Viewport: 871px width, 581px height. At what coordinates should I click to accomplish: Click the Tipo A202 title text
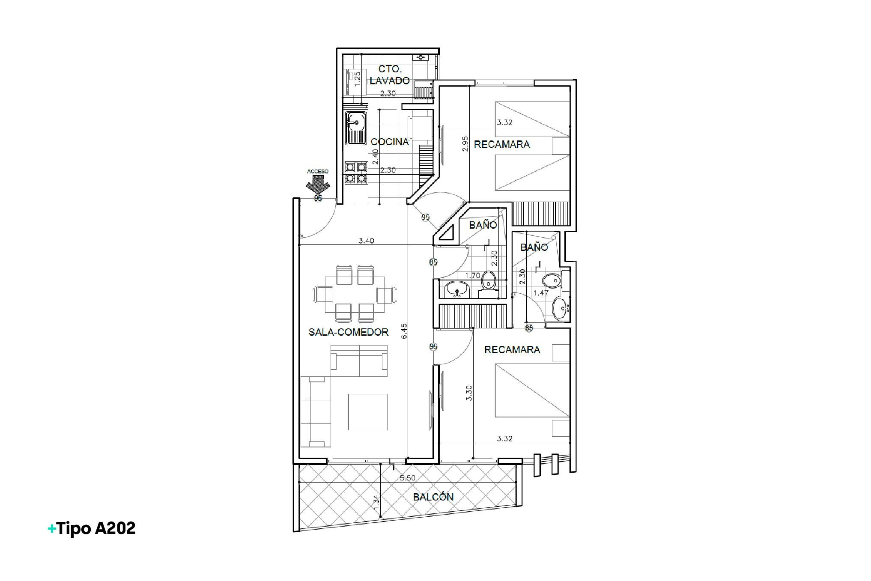click(x=92, y=528)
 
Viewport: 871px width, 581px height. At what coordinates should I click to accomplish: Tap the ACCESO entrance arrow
click(x=317, y=185)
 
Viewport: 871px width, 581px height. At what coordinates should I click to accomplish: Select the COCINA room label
click(x=390, y=142)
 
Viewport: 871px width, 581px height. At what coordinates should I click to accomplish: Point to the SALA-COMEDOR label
click(x=349, y=332)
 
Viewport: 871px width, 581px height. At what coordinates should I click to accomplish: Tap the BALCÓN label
click(x=433, y=497)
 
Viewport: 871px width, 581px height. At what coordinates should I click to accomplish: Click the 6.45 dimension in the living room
click(x=405, y=331)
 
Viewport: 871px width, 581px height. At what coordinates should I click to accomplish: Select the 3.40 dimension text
click(x=367, y=241)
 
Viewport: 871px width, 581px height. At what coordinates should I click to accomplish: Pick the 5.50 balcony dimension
click(x=407, y=478)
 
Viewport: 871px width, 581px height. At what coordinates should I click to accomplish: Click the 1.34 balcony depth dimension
click(x=376, y=502)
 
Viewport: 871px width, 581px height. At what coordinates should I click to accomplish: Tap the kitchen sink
click(x=356, y=128)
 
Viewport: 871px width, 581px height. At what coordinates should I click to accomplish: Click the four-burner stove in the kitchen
click(x=356, y=173)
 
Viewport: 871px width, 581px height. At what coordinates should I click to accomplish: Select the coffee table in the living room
click(x=368, y=412)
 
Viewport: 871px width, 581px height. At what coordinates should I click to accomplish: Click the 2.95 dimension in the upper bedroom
click(x=465, y=144)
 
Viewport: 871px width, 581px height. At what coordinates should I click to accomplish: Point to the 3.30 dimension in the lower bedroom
click(x=469, y=393)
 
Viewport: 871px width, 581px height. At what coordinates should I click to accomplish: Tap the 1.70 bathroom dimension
click(x=472, y=275)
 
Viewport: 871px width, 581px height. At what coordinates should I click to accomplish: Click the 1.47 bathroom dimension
click(x=540, y=293)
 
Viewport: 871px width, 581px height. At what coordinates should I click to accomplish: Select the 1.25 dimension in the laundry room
click(x=358, y=78)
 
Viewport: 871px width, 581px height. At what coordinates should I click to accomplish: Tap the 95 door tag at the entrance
click(x=318, y=198)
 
